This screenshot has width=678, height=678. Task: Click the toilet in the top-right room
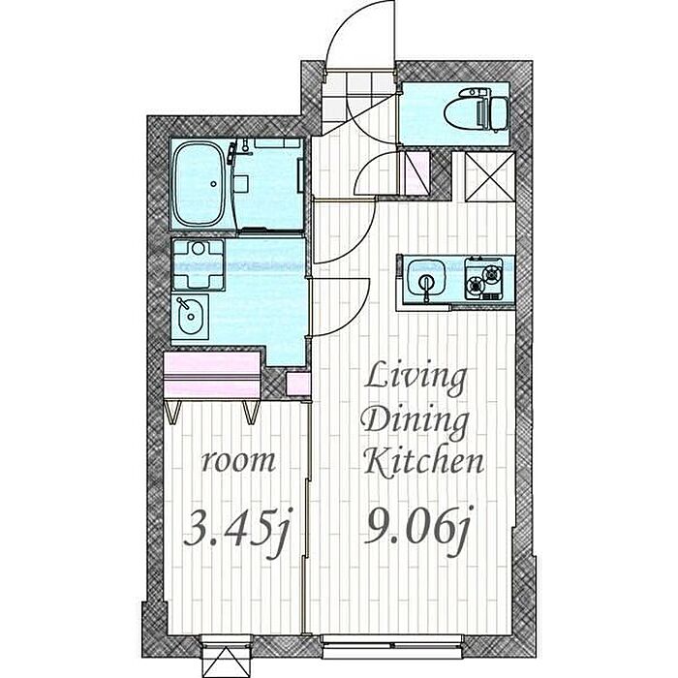[476, 108]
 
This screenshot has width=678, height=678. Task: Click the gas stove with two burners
[483, 279]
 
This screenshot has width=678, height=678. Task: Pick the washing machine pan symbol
[198, 264]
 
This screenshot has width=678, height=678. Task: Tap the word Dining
[416, 421]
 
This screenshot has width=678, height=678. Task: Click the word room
[238, 461]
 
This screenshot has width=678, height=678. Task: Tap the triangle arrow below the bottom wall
[226, 662]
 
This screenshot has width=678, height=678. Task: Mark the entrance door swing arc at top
[359, 34]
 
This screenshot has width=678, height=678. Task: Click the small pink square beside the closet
[298, 384]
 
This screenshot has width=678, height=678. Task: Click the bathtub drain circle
[214, 184]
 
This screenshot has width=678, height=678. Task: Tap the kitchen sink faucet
[427, 287]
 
